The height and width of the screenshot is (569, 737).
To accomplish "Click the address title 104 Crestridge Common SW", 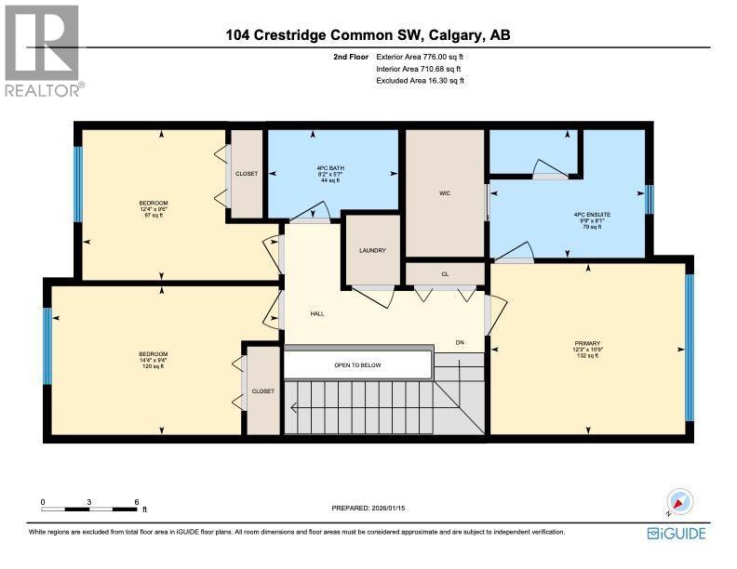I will (x=368, y=36).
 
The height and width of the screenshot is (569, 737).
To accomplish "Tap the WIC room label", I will (x=445, y=193).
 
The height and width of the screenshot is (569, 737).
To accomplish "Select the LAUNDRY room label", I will (x=372, y=250).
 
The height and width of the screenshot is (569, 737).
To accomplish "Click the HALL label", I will (x=317, y=313).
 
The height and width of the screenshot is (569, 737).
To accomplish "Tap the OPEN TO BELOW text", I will (x=357, y=365).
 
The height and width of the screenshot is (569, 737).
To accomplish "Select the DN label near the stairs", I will (x=460, y=342).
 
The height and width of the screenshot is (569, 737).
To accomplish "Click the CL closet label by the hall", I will (x=445, y=273).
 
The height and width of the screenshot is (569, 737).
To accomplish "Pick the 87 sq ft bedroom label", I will (x=154, y=208).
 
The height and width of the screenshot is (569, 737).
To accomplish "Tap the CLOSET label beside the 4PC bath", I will (x=247, y=174).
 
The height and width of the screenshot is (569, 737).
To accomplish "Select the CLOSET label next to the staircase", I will (x=262, y=391).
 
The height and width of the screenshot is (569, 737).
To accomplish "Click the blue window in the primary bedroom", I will (x=689, y=348).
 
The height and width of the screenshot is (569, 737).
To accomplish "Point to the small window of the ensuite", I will (x=650, y=199).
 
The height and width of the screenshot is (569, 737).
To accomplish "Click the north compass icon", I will (x=679, y=502).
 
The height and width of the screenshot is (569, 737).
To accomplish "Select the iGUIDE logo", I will (x=677, y=533).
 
